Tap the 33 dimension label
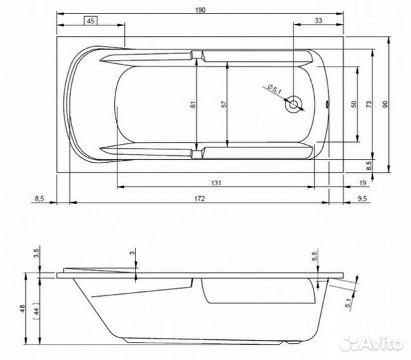318,21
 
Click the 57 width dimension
224,105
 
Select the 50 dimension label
353,104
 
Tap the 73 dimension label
369,104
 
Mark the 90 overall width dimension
385,104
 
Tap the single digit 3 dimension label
133,253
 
